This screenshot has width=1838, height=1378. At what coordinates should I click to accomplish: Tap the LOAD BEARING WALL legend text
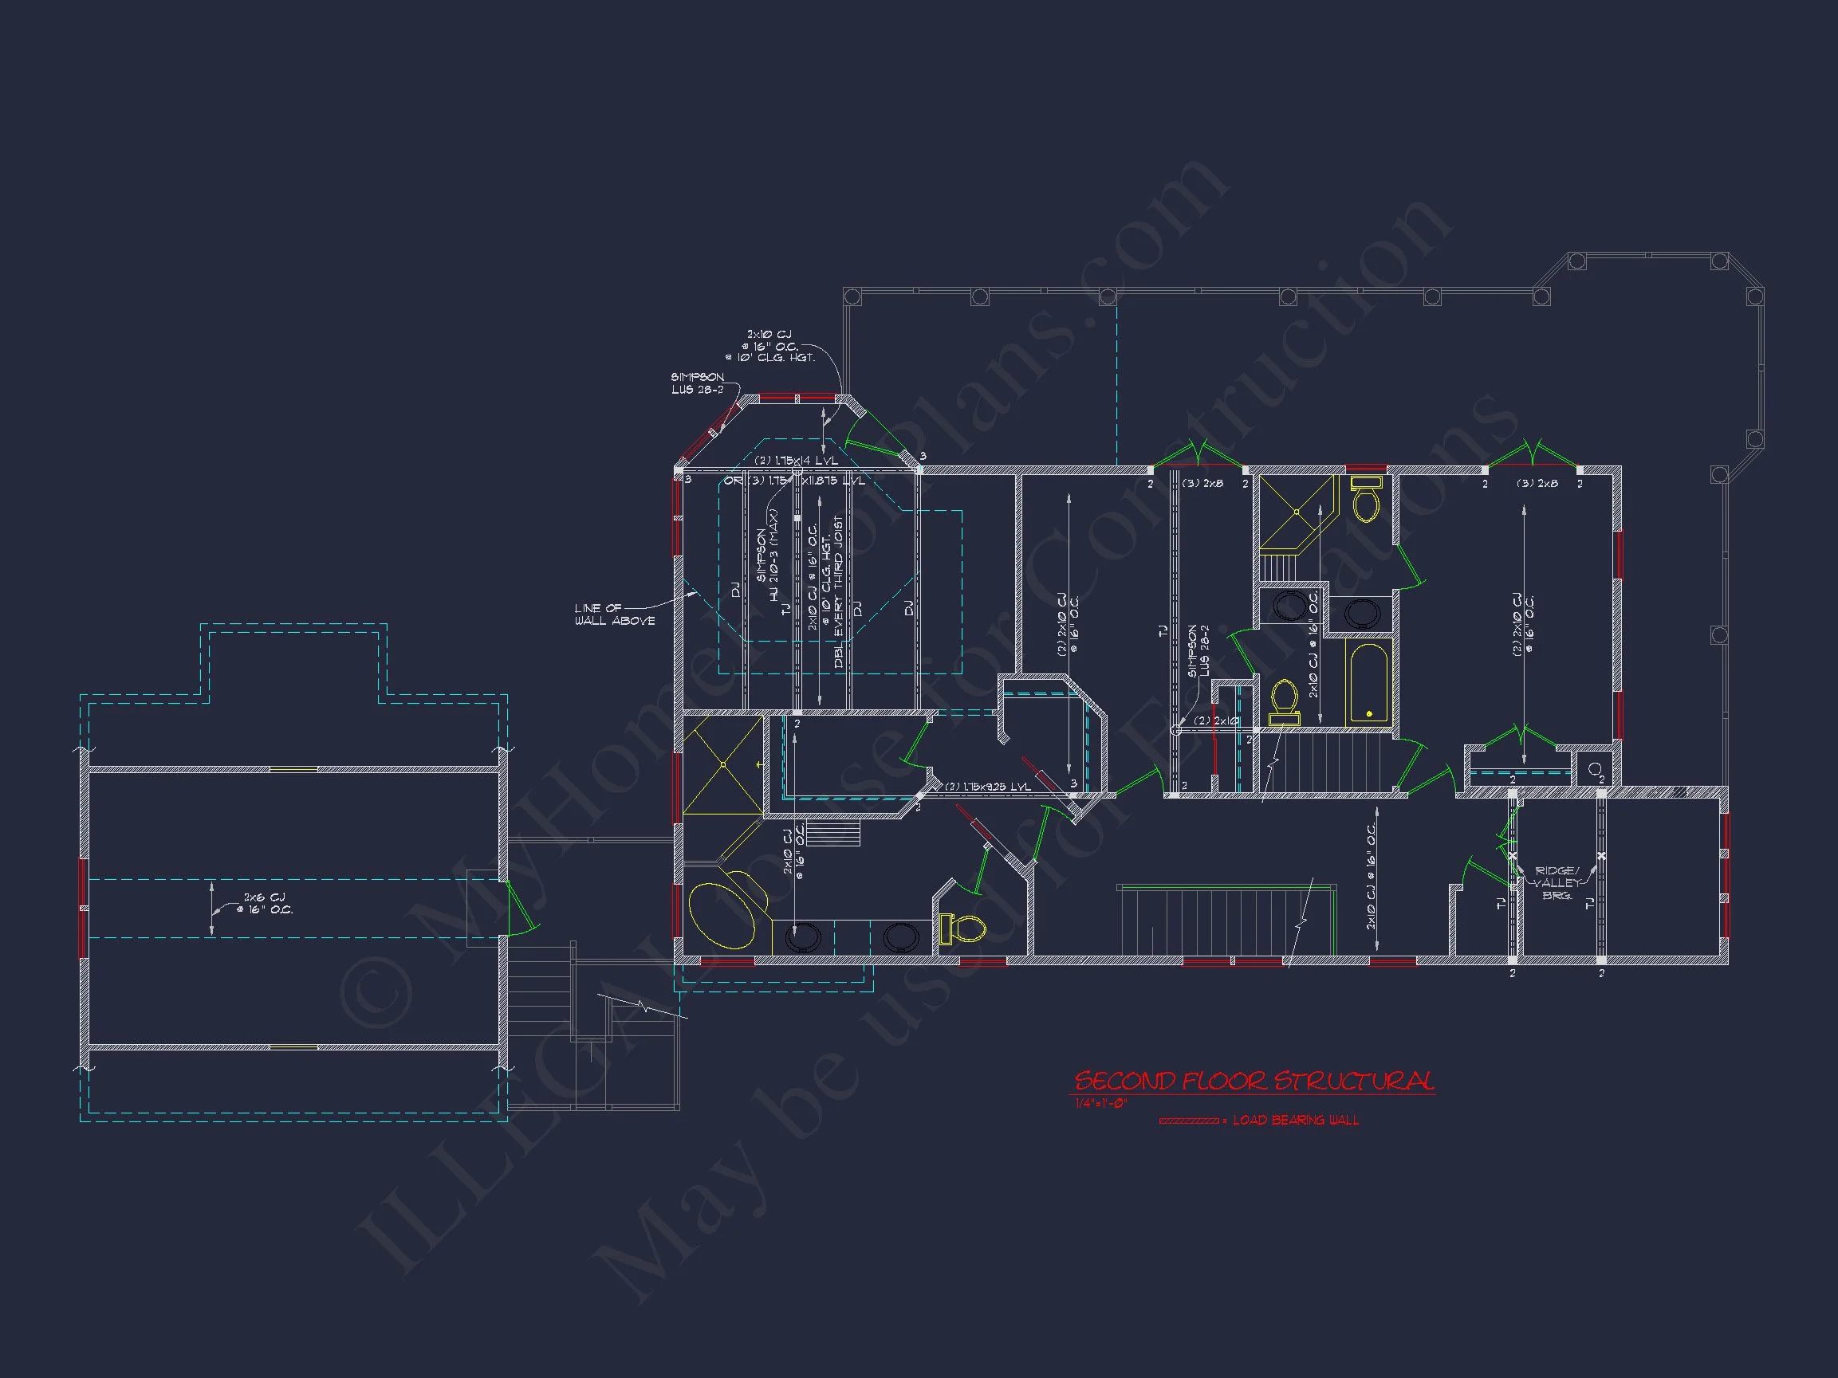point(1296,1121)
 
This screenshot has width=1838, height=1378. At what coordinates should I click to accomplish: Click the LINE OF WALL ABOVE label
point(614,614)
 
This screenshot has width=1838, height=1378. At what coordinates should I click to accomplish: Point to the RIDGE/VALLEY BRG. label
point(1556,883)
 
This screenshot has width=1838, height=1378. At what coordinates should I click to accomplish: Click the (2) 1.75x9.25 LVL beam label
point(988,787)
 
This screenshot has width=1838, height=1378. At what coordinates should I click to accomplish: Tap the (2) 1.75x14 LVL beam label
point(796,460)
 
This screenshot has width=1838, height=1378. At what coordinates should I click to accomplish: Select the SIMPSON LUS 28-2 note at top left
point(697,383)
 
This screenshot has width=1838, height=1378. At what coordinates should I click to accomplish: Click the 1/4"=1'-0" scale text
point(1101,1104)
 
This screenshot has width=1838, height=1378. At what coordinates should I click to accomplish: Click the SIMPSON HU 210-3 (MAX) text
point(768,556)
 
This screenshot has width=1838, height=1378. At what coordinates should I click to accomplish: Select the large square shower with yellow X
point(722,764)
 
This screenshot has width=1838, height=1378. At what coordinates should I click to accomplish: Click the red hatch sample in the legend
point(1188,1121)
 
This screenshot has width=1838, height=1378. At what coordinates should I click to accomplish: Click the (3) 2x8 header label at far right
point(1537,484)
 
